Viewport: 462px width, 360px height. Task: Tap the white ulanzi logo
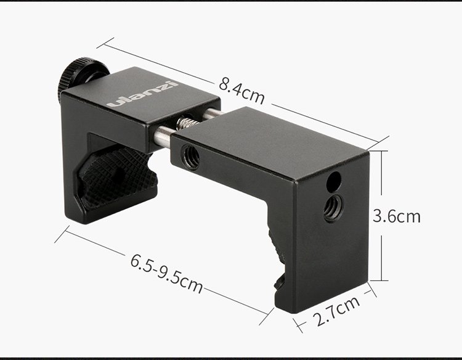tap(143, 94)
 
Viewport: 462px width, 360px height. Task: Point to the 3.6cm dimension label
tap(397, 216)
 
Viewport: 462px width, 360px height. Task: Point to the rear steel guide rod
tap(211, 113)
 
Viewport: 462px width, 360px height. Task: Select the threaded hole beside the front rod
tap(190, 157)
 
